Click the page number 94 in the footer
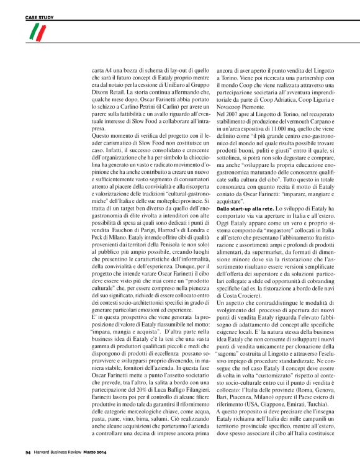pos(28,451)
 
